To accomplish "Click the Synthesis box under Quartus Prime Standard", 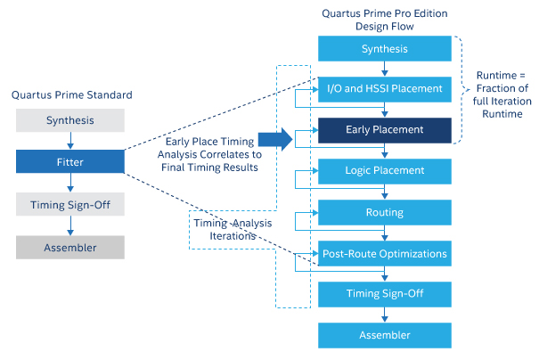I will [70, 119].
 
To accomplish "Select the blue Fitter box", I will [70, 161].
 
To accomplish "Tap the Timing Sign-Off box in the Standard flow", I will [70, 205].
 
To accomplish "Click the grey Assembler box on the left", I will [70, 248].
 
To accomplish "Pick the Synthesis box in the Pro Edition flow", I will [385, 48].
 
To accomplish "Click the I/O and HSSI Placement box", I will [385, 88].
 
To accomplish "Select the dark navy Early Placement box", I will [385, 130].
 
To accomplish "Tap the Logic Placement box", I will [385, 170].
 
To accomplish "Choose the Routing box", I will [385, 212].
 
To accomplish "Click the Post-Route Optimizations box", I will [385, 254].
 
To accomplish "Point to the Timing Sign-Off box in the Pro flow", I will [385, 293].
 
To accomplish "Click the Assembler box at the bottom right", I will [385, 335].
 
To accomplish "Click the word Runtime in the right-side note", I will [495, 76].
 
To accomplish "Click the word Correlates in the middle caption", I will [234, 153].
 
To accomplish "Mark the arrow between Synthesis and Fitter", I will [70, 141].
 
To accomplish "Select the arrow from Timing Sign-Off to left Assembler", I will [70, 226].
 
